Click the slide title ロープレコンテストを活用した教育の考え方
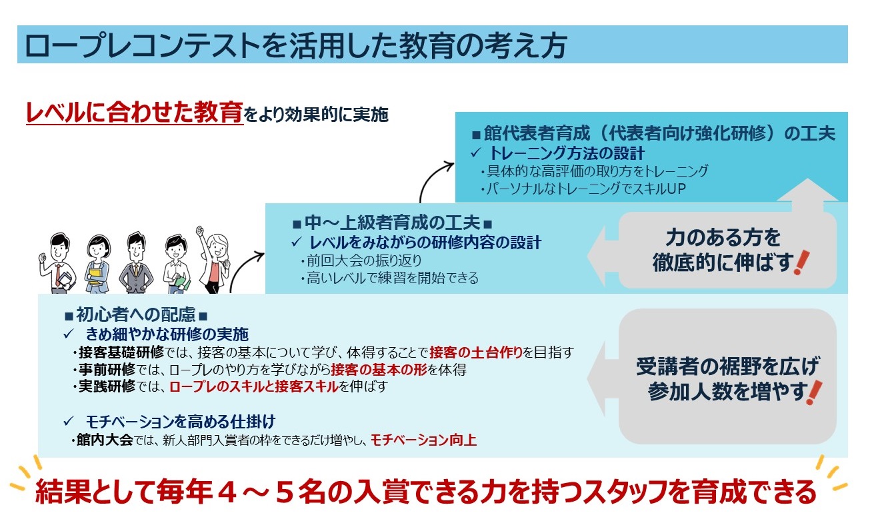click(x=295, y=45)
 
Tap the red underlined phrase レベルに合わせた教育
click(x=135, y=113)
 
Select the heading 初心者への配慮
click(x=135, y=314)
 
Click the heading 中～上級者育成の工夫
click(x=392, y=223)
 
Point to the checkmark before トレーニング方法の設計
click(x=475, y=153)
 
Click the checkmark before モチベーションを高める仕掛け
click(x=69, y=421)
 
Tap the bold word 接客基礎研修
click(x=121, y=352)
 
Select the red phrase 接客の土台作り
click(x=476, y=352)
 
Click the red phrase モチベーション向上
click(x=423, y=440)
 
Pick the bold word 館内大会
click(x=105, y=440)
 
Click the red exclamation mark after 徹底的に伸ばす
click(x=801, y=262)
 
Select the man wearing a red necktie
click(x=59, y=263)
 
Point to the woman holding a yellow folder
click(x=97, y=264)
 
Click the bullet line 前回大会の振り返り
click(x=361, y=261)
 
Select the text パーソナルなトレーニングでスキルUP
click(x=583, y=189)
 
